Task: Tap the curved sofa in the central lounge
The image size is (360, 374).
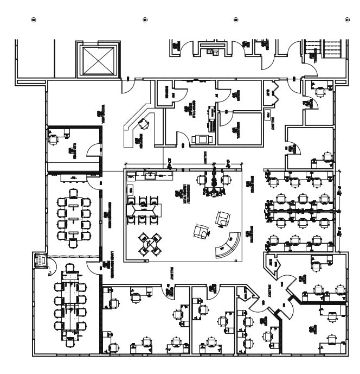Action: click(x=228, y=246)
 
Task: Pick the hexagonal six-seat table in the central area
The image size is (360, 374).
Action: click(x=145, y=208)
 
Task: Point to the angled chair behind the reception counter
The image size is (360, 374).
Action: click(x=143, y=124)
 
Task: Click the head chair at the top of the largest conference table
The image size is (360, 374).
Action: click(x=70, y=268)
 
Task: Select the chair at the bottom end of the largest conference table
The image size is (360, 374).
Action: click(x=70, y=343)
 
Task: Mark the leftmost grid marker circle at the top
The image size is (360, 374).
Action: click(x=34, y=20)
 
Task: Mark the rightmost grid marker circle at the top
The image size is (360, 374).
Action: click(x=347, y=20)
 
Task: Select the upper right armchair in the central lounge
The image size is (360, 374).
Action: click(x=223, y=219)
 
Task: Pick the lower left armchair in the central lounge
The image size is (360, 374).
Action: click(x=201, y=232)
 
